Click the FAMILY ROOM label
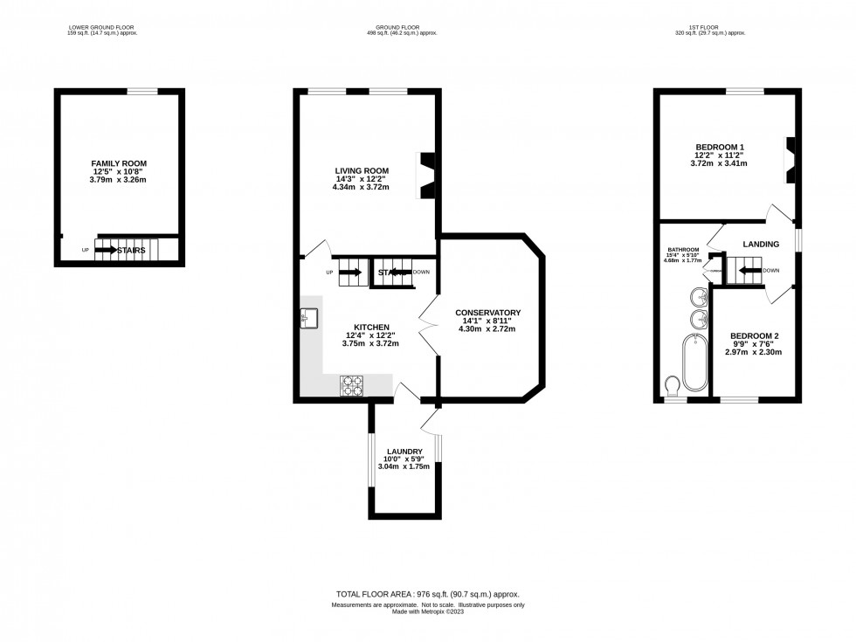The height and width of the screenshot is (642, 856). pos(119,163)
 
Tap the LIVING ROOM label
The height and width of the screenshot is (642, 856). pos(362,170)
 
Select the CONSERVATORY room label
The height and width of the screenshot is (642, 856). pos(487,313)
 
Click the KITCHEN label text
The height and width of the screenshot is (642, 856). pos(371,328)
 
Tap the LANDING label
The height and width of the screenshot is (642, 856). pos(761,245)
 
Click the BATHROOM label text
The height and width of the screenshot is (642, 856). pos(683,249)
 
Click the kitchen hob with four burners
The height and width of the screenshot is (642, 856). pos(352,385)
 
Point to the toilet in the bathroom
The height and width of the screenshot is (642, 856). pos(673,385)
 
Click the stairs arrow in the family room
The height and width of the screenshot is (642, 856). pos(106,250)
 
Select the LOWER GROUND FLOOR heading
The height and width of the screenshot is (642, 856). pos(103,27)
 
